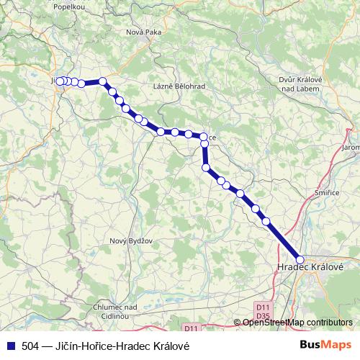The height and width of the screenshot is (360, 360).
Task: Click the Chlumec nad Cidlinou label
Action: [x=116, y=311]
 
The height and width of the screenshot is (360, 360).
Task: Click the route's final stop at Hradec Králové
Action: [x=300, y=260]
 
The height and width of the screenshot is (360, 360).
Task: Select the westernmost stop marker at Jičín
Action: [x=60, y=81]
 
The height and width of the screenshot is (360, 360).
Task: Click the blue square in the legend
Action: [x=10, y=346]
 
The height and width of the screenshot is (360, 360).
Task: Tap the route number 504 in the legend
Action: [x=31, y=346]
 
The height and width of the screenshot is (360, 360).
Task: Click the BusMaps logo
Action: [x=325, y=346]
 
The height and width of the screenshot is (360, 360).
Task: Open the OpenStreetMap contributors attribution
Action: [x=297, y=322]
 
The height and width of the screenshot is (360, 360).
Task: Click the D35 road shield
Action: [x=262, y=315]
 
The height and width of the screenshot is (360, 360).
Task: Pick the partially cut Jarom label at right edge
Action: [x=351, y=147]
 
